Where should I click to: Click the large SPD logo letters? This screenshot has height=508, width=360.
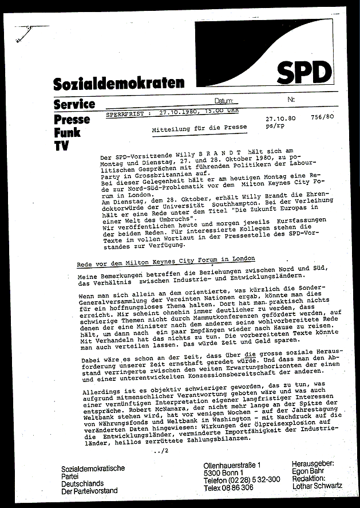point(304,73)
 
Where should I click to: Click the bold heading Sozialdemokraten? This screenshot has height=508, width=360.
point(119,84)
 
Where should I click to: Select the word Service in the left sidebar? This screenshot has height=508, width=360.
point(74,104)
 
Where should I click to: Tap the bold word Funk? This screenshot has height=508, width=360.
point(67,133)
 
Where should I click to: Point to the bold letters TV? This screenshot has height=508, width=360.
point(60,146)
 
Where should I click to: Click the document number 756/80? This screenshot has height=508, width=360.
point(323,117)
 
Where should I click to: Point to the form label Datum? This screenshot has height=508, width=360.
point(225,100)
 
